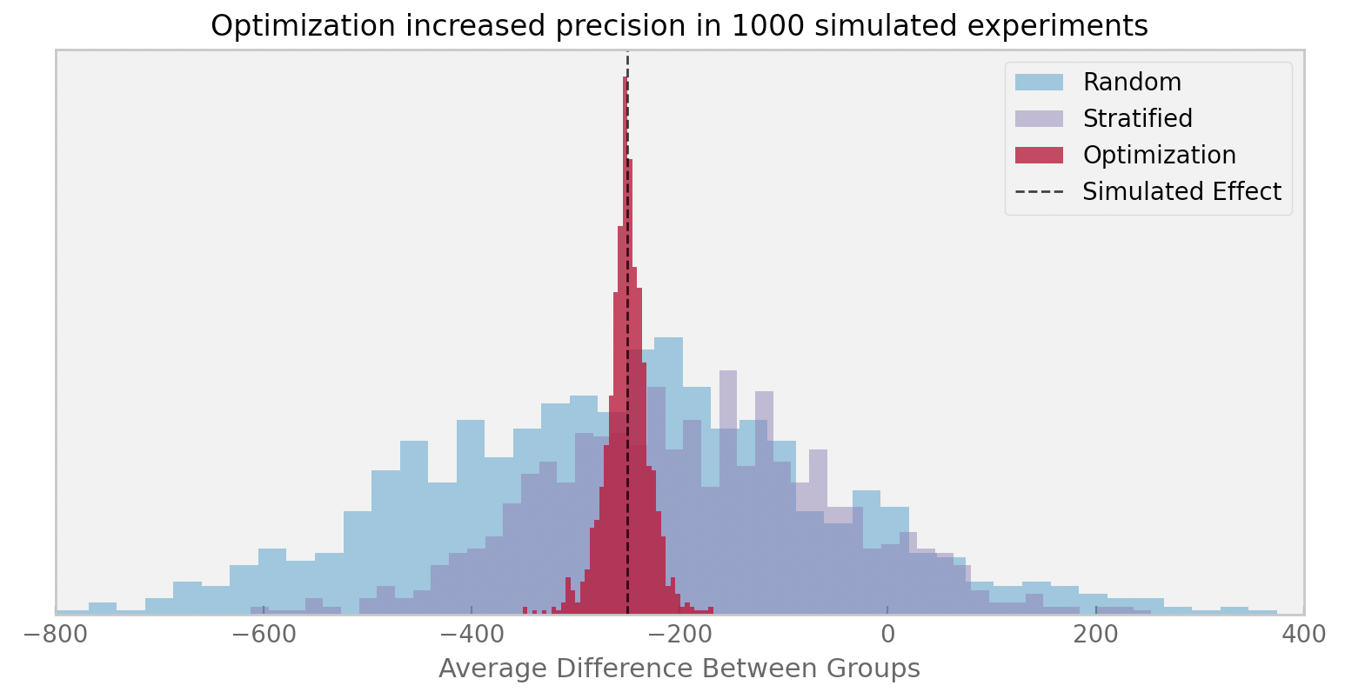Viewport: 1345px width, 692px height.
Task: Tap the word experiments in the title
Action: (x=1068, y=27)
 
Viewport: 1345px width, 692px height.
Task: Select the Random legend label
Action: (x=1132, y=83)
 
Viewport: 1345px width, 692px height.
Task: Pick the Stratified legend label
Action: (x=1137, y=118)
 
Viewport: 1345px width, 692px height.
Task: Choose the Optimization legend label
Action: (x=1159, y=156)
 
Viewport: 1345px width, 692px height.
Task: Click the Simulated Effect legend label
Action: (x=1181, y=192)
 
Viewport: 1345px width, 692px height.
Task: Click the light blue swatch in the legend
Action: (x=1039, y=83)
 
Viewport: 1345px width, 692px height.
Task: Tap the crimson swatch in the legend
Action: (x=1039, y=156)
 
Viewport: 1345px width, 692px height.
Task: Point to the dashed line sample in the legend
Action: (x=1039, y=192)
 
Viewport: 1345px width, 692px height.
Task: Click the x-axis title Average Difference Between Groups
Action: (x=679, y=669)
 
